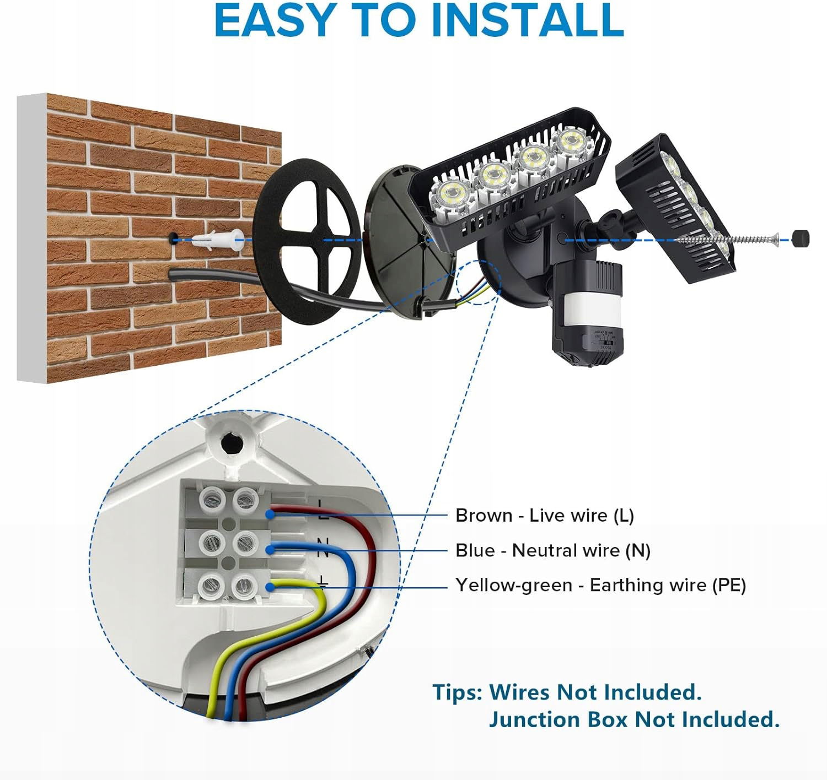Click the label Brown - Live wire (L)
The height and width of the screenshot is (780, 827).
click(x=544, y=516)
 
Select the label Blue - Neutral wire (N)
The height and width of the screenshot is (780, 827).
click(x=552, y=551)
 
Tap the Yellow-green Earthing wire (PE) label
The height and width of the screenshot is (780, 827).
click(x=600, y=585)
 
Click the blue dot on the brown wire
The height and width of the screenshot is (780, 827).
click(x=271, y=515)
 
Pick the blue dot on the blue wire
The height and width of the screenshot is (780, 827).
click(x=271, y=550)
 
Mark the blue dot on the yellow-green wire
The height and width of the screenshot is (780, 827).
click(x=271, y=587)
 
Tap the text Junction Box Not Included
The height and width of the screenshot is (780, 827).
click(x=633, y=719)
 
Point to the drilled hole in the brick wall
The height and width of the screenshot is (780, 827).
click(x=173, y=239)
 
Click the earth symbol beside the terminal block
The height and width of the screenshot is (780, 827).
click(x=322, y=582)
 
